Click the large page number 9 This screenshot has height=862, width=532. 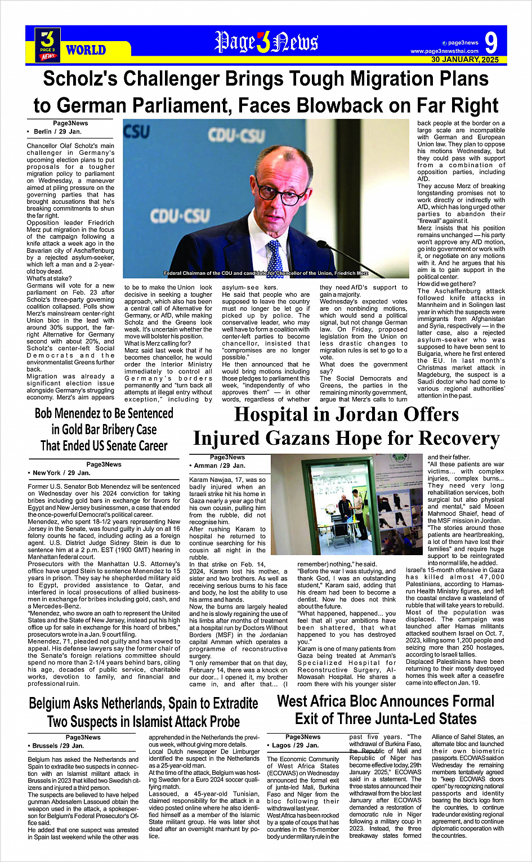coord(490,43)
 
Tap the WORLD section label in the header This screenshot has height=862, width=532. coord(86,50)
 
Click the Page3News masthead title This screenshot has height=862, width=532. coord(266,42)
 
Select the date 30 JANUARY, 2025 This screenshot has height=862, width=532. coord(465,60)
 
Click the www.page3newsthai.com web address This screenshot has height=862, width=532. coord(444,51)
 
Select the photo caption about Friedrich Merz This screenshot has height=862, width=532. coord(266,273)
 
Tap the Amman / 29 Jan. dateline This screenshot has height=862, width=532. coord(220,466)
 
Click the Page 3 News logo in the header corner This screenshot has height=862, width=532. coord(48,45)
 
